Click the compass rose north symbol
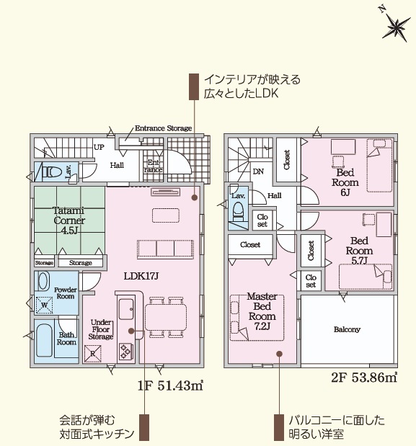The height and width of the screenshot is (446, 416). click(x=397, y=25)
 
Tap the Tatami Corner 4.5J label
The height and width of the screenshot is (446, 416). click(x=69, y=220)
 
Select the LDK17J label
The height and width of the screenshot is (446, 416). click(x=141, y=276)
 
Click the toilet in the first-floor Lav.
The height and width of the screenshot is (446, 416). click(x=53, y=171)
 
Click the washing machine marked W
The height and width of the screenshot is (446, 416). click(x=45, y=305)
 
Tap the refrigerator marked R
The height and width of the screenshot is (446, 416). click(x=92, y=354)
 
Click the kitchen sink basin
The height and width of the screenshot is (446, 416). click(x=126, y=309)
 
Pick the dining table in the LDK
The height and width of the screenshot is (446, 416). click(x=166, y=317)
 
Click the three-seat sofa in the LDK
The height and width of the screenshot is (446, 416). click(x=165, y=249)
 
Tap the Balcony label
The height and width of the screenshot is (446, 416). click(x=347, y=329)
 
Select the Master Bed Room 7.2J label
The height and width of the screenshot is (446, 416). click(x=262, y=311)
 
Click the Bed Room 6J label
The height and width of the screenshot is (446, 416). click(x=345, y=182)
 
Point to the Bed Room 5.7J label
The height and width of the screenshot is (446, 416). click(x=359, y=251)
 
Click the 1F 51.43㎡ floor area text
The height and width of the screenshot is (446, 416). click(x=170, y=385)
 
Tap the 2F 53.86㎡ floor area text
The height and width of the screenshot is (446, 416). click(x=364, y=377)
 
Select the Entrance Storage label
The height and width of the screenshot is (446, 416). click(x=164, y=128)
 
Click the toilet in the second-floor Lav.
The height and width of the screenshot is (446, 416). click(x=238, y=211)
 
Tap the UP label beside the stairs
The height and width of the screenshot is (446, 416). click(x=99, y=147)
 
